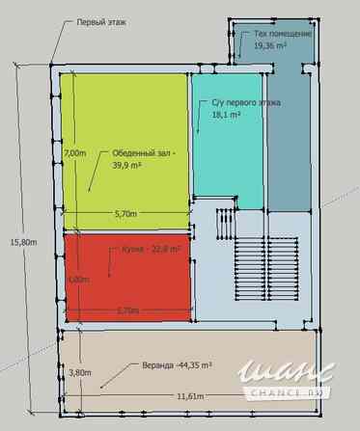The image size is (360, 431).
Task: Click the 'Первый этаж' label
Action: click(x=101, y=20)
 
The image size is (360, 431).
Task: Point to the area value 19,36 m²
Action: click(x=271, y=45)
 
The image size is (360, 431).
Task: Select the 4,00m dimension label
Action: click(x=77, y=280)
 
